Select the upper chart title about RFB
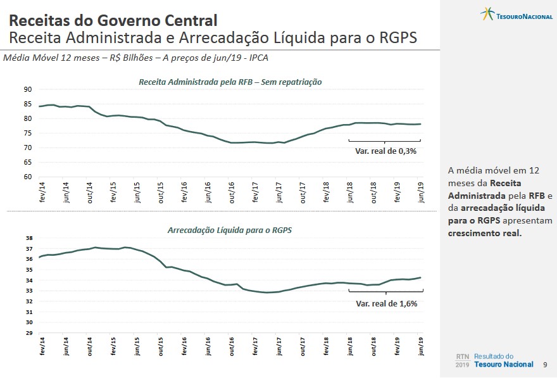pos(230,82)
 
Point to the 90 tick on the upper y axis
pos(28,89)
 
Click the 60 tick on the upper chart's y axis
pos(28,177)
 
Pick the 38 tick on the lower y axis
pos(28,238)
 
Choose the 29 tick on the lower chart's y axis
pos(28,333)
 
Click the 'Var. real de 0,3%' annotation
pos(385,151)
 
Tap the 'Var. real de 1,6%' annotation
pos(386,303)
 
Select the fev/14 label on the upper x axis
pos(42,191)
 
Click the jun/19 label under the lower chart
pos(422,347)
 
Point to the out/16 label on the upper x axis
pos(232,192)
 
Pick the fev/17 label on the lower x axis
pos(256,347)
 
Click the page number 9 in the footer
pos(546,365)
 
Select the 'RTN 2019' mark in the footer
pos(463,361)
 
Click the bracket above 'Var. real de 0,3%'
pos(385,141)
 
